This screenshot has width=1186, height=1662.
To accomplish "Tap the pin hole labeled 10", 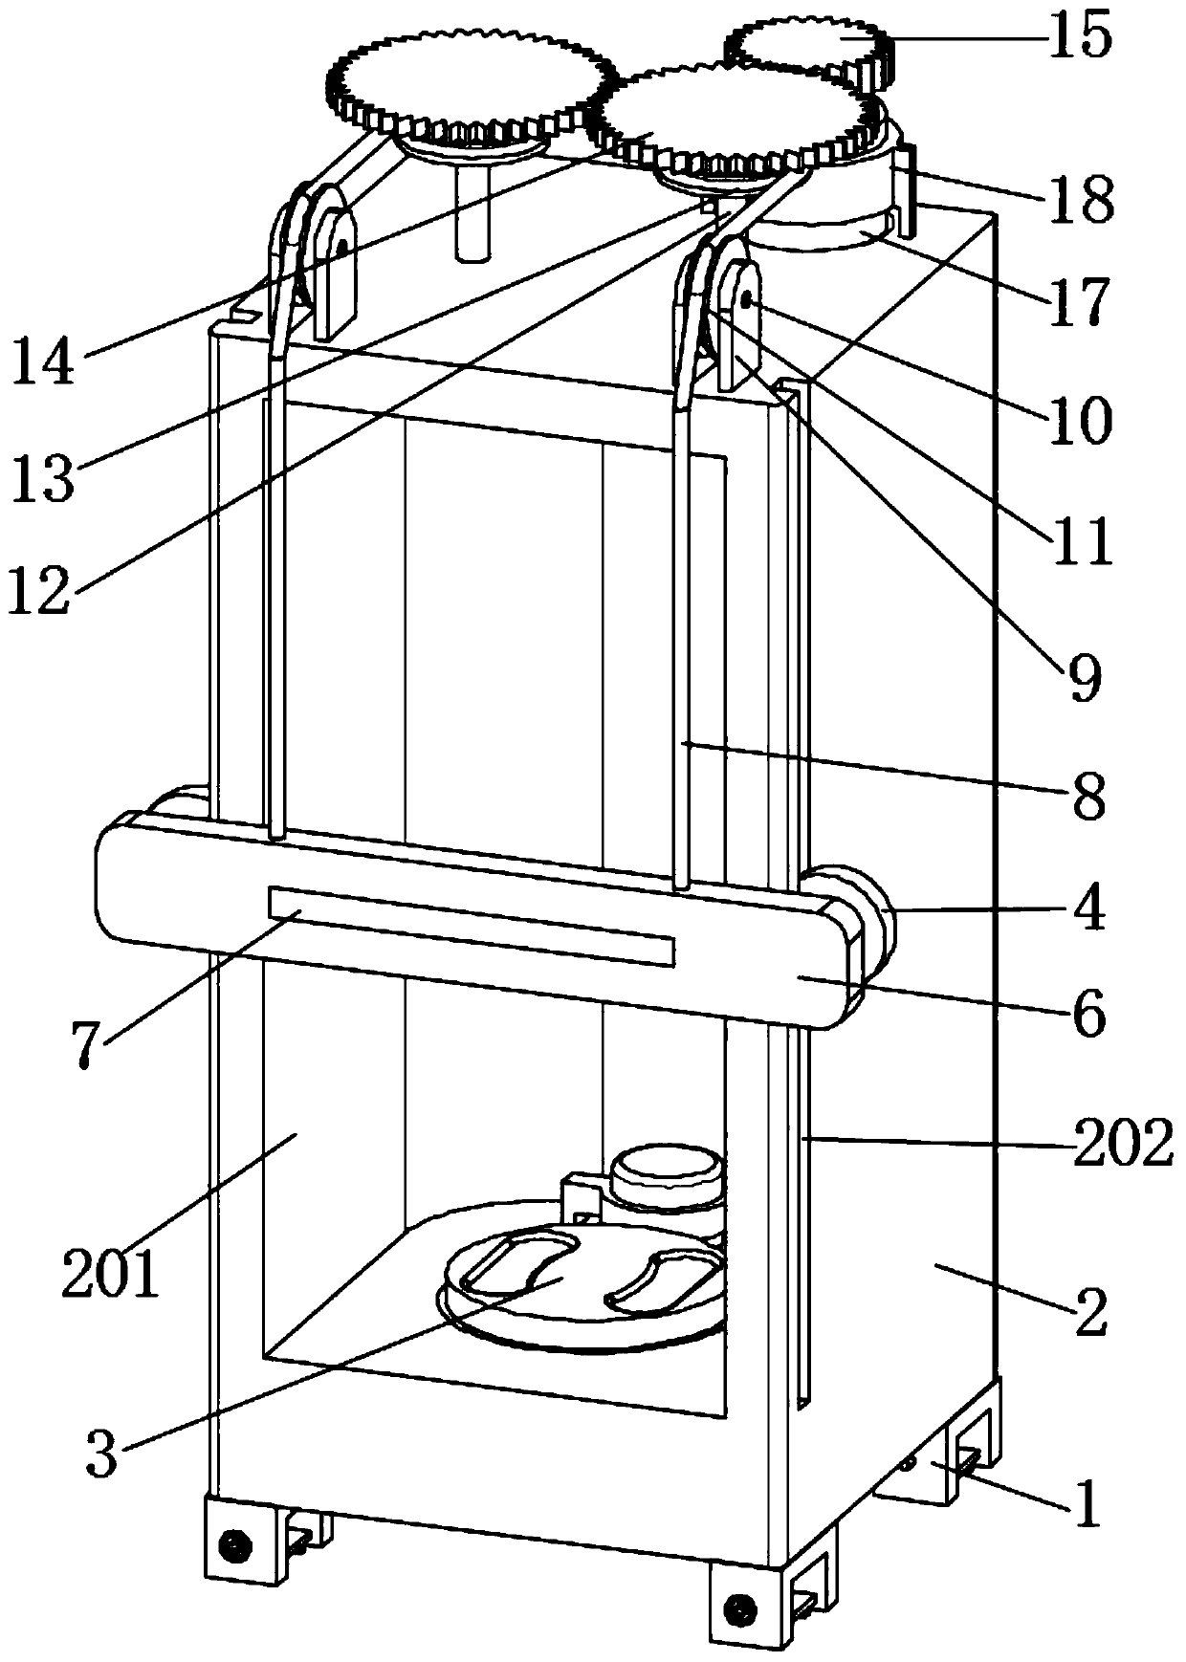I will (x=745, y=300).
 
